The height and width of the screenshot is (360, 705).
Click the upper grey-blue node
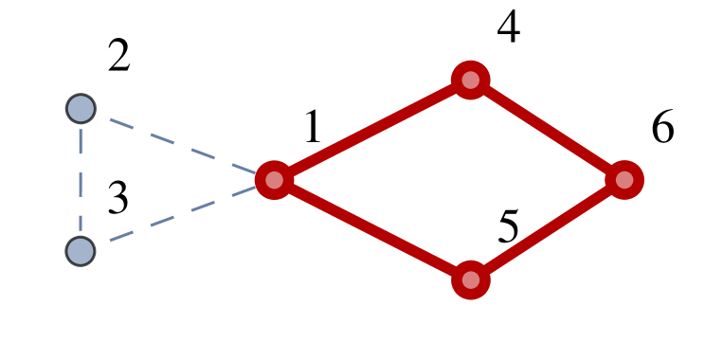click(x=81, y=109)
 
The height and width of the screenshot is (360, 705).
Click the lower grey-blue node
click(x=81, y=251)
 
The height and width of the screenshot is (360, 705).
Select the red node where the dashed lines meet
click(x=274, y=180)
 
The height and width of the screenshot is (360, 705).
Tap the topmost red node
click(x=470, y=80)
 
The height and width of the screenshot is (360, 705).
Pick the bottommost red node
click(x=470, y=280)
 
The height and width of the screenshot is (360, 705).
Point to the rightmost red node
click(x=624, y=180)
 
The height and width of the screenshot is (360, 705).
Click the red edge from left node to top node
click(x=371, y=130)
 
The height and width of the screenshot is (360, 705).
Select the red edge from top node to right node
click(x=548, y=130)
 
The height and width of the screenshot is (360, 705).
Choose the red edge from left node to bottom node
click(x=371, y=230)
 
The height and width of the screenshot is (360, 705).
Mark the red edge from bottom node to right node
click(x=548, y=230)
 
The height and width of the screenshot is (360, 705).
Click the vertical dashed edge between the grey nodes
click(x=81, y=180)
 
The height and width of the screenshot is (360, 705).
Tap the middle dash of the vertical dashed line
click(x=81, y=180)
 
